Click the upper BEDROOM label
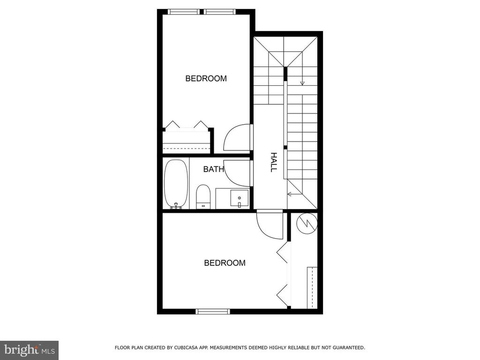[x=206, y=79]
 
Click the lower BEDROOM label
[x=225, y=263]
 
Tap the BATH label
[x=214, y=169]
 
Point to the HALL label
[x=273, y=162]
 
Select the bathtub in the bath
[x=176, y=184]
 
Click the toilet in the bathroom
[x=203, y=196]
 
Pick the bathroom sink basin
[x=240, y=199]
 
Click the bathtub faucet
[x=176, y=206]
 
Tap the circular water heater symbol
[x=307, y=224]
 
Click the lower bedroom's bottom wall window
[x=212, y=312]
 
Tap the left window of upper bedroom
[x=184, y=12]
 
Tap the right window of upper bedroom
[x=220, y=12]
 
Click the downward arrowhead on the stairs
[x=302, y=83]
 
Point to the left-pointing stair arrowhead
[x=289, y=194]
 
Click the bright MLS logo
[x=30, y=350]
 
